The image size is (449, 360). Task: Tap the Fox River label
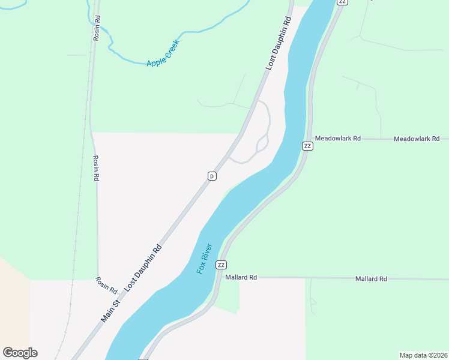click(x=205, y=259)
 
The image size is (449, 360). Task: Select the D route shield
click(x=211, y=176)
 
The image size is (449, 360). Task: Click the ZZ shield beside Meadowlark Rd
click(x=307, y=146)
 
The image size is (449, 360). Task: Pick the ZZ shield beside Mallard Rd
click(x=221, y=265)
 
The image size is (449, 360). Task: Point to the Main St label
click(x=111, y=311)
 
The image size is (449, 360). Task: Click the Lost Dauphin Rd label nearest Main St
click(x=143, y=268)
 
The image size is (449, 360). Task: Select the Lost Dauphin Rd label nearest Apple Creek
click(x=279, y=44)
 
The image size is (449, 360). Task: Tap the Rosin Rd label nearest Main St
click(x=107, y=284)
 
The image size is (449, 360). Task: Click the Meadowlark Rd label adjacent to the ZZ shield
click(x=337, y=138)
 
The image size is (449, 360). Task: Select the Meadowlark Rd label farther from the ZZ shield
click(x=417, y=139)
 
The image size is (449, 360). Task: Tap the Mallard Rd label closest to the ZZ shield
click(x=241, y=277)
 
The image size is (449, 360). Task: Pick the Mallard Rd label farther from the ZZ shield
click(x=370, y=278)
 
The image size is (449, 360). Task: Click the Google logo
click(x=20, y=353)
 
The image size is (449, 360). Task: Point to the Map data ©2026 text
click(x=423, y=355)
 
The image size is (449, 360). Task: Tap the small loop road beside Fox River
click(x=262, y=143)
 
